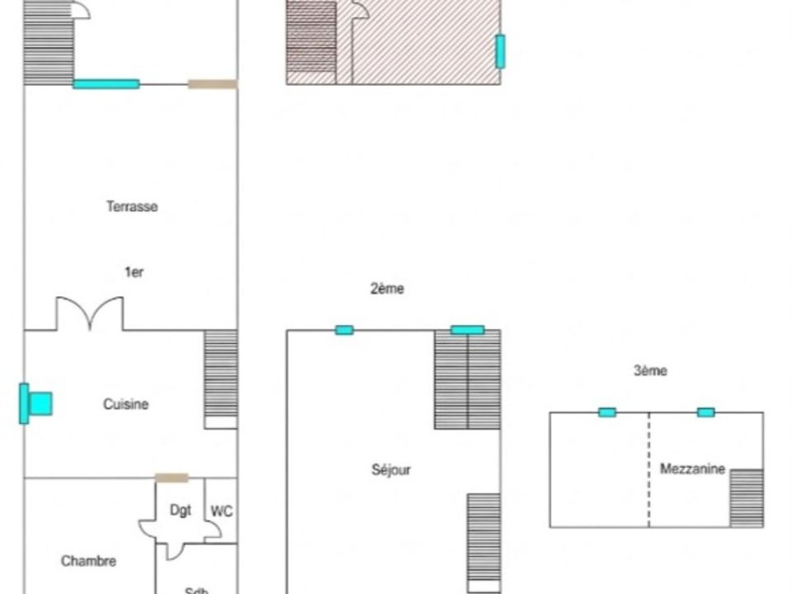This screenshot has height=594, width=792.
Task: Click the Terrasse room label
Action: pyautogui.click(x=132, y=206)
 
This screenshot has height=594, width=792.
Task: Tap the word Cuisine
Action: pyautogui.click(x=125, y=404)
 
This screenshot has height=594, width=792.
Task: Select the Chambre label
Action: pyautogui.click(x=88, y=561)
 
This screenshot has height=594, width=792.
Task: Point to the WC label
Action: pyautogui.click(x=222, y=511)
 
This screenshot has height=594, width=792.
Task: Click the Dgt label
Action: pyautogui.click(x=181, y=510)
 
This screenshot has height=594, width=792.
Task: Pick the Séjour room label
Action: pyautogui.click(x=391, y=469)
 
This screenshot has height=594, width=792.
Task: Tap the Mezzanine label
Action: pyautogui.click(x=692, y=469)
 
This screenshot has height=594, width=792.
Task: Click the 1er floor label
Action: pyautogui.click(x=134, y=272)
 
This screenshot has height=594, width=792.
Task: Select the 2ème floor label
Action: pyautogui.click(x=388, y=289)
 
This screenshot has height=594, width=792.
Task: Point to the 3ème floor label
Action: pyautogui.click(x=650, y=370)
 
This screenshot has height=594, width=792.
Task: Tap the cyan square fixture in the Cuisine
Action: pyautogui.click(x=40, y=403)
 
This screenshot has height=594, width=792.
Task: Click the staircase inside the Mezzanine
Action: pyautogui.click(x=747, y=498)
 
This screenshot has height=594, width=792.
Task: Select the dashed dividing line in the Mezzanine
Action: pyautogui.click(x=649, y=469)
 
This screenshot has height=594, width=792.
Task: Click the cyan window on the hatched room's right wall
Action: pyautogui.click(x=500, y=51)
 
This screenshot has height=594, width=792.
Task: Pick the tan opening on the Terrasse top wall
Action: pyautogui.click(x=213, y=84)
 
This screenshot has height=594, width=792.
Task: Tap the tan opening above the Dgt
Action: pyautogui.click(x=172, y=478)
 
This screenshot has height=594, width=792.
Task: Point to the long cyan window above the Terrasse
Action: pyautogui.click(x=106, y=84)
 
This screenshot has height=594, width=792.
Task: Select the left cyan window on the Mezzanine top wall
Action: pyautogui.click(x=607, y=412)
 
